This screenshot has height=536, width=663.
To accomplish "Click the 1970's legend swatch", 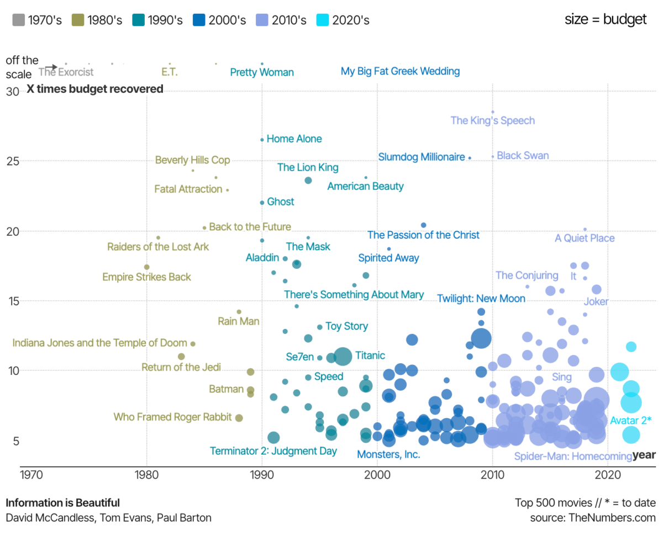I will (18, 20).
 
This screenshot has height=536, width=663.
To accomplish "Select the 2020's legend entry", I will (343, 20).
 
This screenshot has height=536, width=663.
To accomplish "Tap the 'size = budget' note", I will (605, 19).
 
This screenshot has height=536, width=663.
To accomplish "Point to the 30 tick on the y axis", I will (12, 91).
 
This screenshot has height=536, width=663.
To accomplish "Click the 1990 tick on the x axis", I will (262, 474).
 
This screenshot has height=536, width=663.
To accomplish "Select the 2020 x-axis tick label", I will (608, 474).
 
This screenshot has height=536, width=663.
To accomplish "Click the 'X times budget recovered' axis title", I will (95, 89).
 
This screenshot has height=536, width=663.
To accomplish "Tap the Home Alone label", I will (294, 139).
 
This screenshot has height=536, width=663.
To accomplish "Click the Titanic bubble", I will (343, 356).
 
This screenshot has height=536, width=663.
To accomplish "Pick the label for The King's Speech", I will (492, 120).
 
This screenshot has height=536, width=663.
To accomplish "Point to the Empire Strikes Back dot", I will (146, 267).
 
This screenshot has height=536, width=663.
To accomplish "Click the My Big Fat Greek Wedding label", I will (400, 71).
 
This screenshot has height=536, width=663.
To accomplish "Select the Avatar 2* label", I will (630, 421).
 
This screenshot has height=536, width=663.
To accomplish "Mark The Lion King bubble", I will (308, 181).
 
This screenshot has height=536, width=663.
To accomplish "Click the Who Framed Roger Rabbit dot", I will (239, 418).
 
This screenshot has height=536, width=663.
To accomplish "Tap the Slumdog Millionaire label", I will (422, 157).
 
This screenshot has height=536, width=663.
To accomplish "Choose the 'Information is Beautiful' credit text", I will (62, 503).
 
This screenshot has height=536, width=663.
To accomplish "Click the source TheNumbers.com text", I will (592, 518).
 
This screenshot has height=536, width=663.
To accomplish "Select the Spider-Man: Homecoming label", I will (572, 457).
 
